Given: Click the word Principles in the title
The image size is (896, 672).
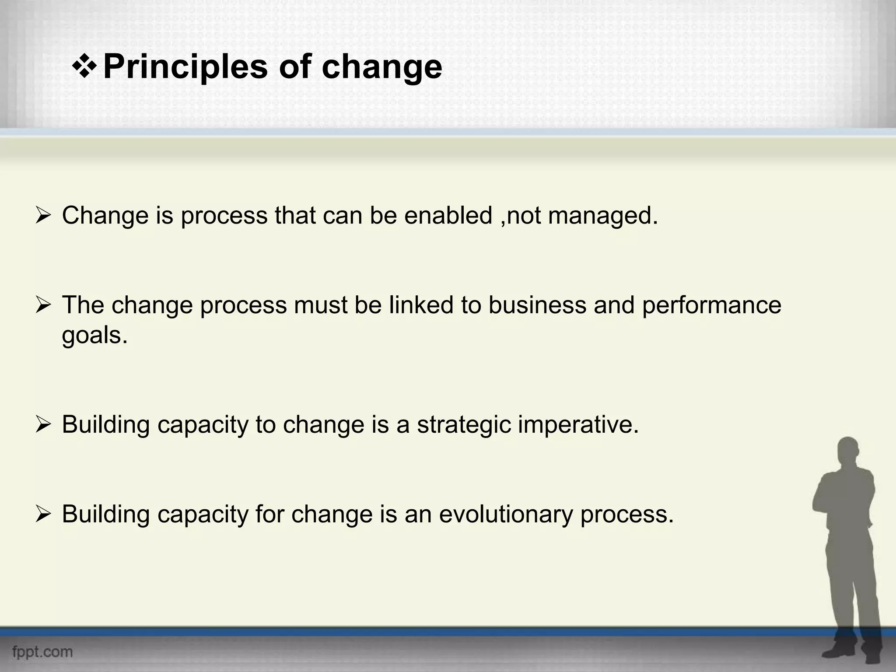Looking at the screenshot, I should point(185,67).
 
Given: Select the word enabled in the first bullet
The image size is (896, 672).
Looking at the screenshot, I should point(448,216).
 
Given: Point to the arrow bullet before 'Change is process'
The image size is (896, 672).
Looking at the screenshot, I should point(44,215).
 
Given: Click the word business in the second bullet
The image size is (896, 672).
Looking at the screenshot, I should point(537,305).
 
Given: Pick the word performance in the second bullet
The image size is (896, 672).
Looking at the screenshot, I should point(711,306).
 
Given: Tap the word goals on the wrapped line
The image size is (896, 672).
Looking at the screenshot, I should point(94,336).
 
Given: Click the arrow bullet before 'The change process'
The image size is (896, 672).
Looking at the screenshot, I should point(44,305).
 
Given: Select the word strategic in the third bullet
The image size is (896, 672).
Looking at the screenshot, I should point(464,424).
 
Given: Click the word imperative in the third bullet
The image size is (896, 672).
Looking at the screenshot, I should point(578,424).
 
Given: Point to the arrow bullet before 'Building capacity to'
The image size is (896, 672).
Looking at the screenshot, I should point(44,424).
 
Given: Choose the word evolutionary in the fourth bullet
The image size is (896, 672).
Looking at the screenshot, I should point(506,514).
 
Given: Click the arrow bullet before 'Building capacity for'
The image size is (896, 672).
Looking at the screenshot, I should point(44,514).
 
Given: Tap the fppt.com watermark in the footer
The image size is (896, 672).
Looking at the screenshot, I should point(42,651).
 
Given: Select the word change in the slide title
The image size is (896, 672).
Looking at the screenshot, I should point(381,67).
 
